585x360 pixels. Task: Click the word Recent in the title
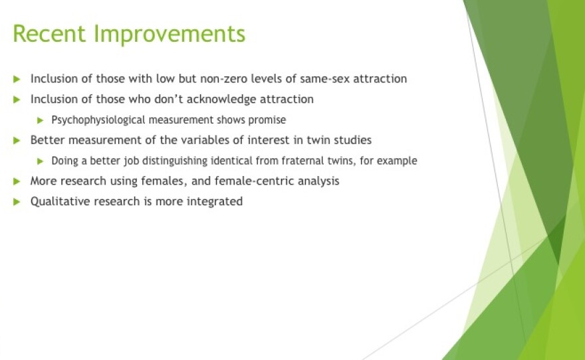(49, 33)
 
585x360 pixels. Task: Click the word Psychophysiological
(98, 120)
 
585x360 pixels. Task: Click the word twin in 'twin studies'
(318, 140)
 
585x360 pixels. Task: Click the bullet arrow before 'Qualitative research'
(17, 202)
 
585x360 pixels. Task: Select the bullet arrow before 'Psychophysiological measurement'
(41, 120)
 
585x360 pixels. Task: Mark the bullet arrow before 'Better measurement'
(17, 141)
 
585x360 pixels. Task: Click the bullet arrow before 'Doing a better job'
(41, 161)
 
